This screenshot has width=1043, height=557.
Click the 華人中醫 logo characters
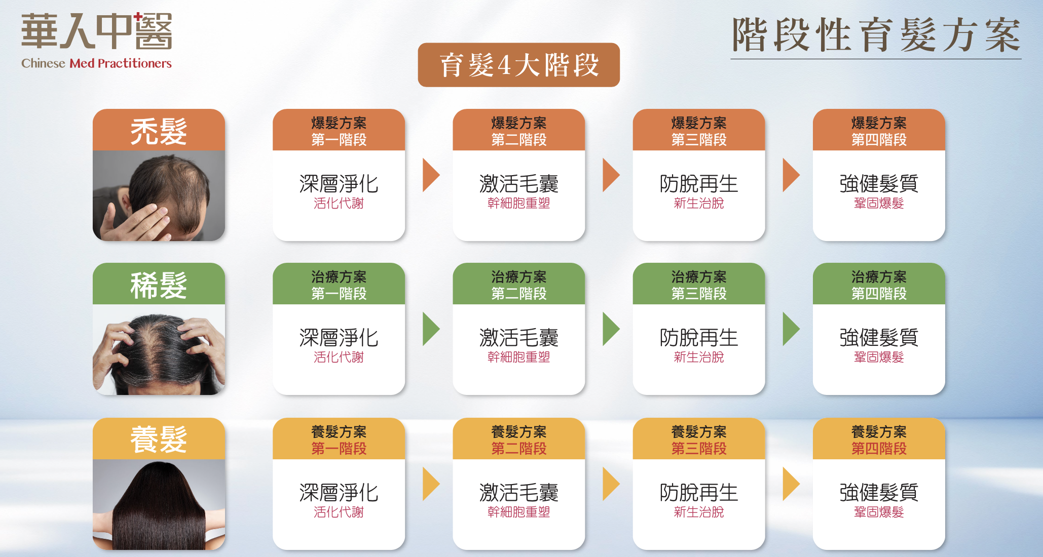(96, 31)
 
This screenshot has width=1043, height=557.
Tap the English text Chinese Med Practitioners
(96, 63)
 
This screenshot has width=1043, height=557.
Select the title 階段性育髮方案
(876, 35)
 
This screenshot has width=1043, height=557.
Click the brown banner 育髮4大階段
(518, 65)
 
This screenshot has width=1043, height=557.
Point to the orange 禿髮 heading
(159, 131)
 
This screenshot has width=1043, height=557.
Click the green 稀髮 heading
(159, 285)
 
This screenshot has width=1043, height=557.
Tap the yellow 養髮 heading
(159, 439)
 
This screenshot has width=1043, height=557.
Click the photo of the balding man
(159, 195)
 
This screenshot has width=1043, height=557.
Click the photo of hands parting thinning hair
(159, 349)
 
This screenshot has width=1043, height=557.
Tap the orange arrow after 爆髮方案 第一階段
(431, 175)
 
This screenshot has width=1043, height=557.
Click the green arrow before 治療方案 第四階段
(791, 329)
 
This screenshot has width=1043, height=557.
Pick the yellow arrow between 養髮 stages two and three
(611, 484)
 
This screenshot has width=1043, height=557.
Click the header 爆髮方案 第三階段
(698, 131)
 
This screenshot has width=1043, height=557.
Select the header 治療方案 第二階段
(518, 285)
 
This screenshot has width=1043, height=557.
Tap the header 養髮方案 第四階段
(878, 440)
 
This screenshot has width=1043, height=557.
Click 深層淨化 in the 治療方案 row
(339, 338)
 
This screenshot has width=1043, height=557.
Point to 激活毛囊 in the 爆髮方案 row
(518, 184)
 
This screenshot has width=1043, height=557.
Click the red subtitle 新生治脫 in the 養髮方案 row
(698, 512)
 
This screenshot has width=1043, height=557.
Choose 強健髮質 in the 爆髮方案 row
(878, 184)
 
